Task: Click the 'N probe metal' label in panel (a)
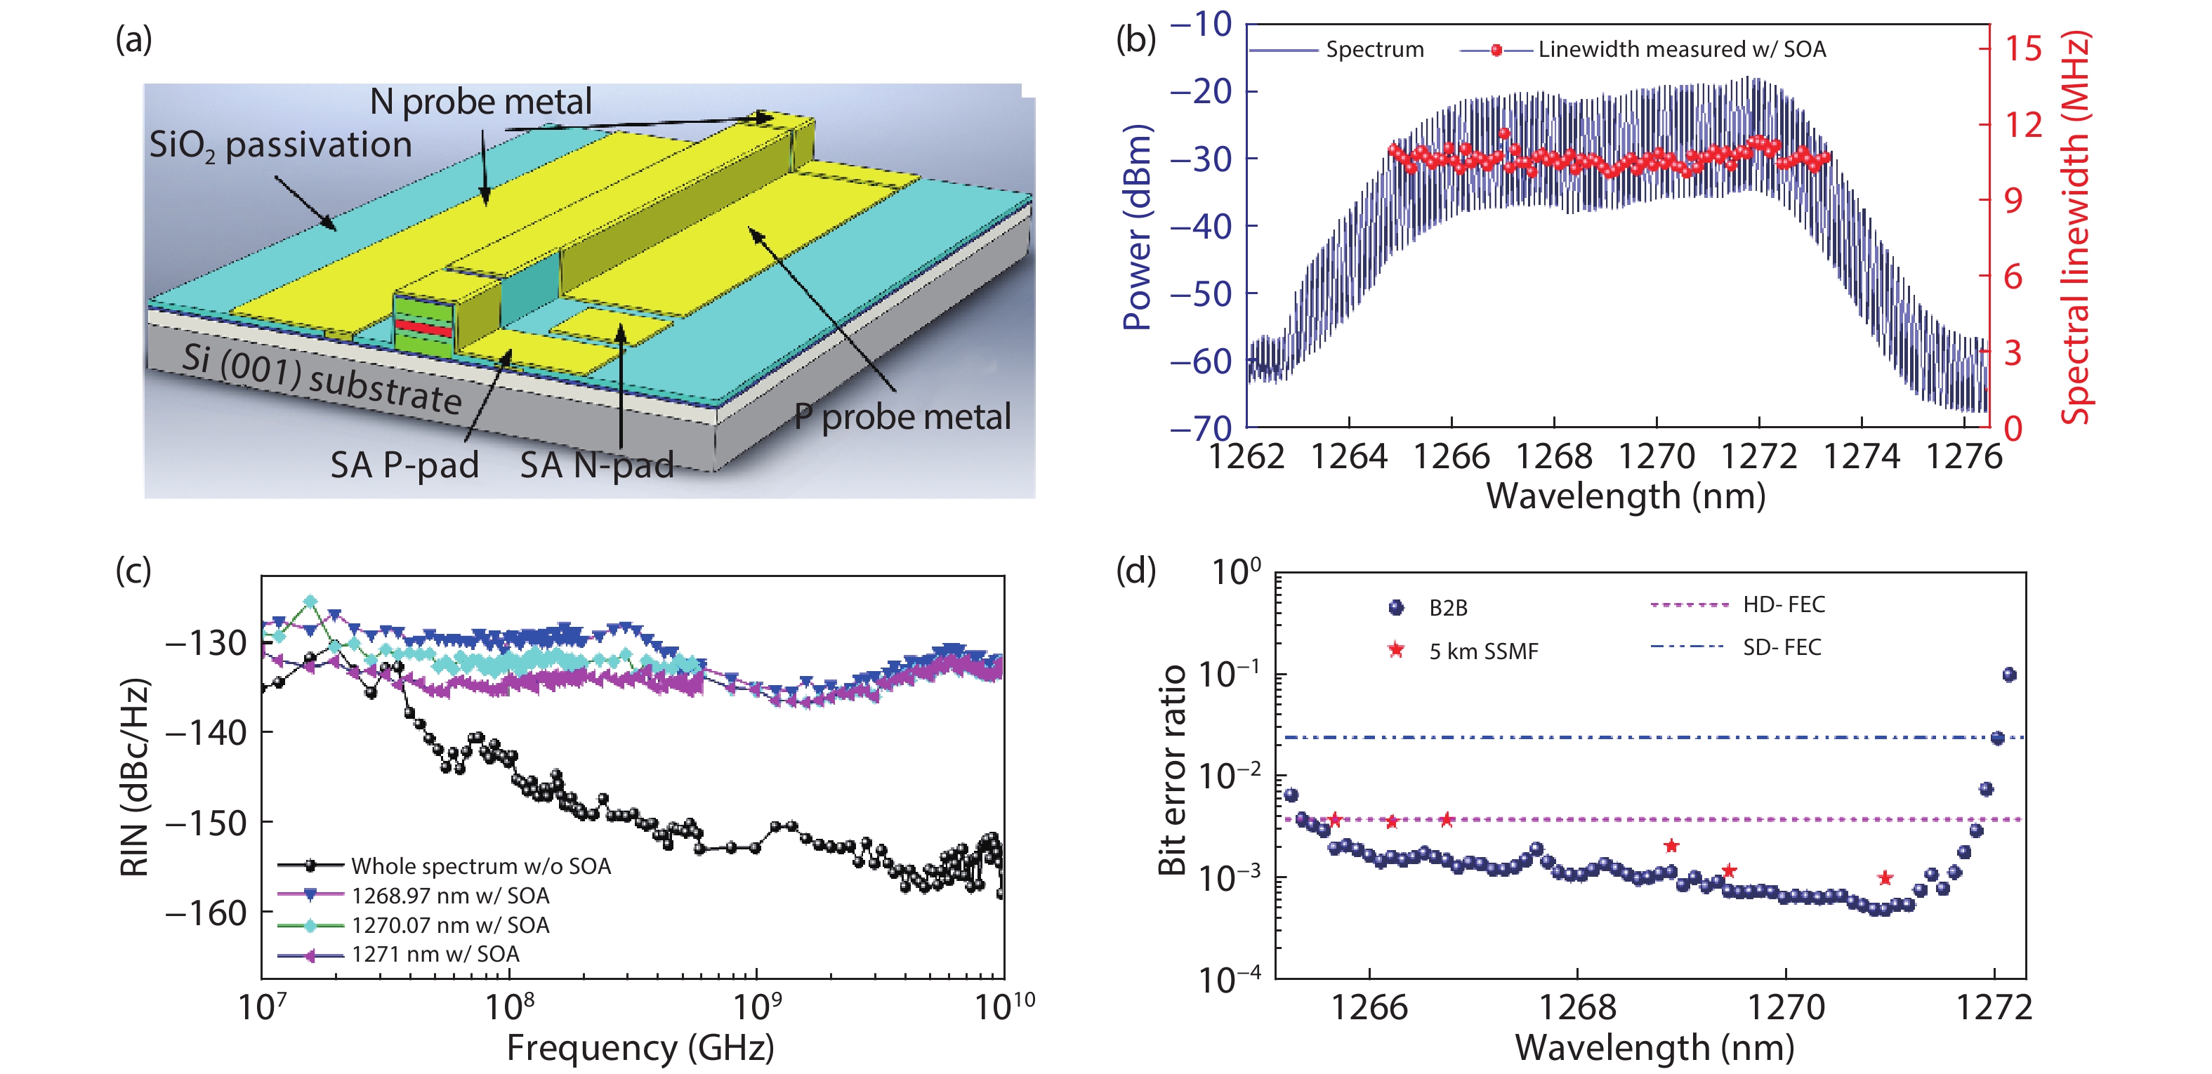pos(480,102)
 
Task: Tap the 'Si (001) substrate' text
pos(322,378)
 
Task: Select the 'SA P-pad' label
pos(404,465)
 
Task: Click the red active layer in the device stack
pos(423,328)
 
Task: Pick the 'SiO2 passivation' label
pos(280,145)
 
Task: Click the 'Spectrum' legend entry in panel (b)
pos(1374,50)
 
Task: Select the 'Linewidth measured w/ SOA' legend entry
pos(1681,50)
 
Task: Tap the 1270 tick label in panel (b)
pos(1657,457)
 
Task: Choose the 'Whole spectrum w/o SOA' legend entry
pos(481,866)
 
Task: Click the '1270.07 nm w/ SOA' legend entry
pos(450,924)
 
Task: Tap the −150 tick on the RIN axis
pos(206,823)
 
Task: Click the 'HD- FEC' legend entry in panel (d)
pos(1784,604)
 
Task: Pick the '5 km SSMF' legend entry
pos(1483,651)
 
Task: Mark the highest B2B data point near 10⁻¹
pos(2008,675)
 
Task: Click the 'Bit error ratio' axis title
pos(1172,769)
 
